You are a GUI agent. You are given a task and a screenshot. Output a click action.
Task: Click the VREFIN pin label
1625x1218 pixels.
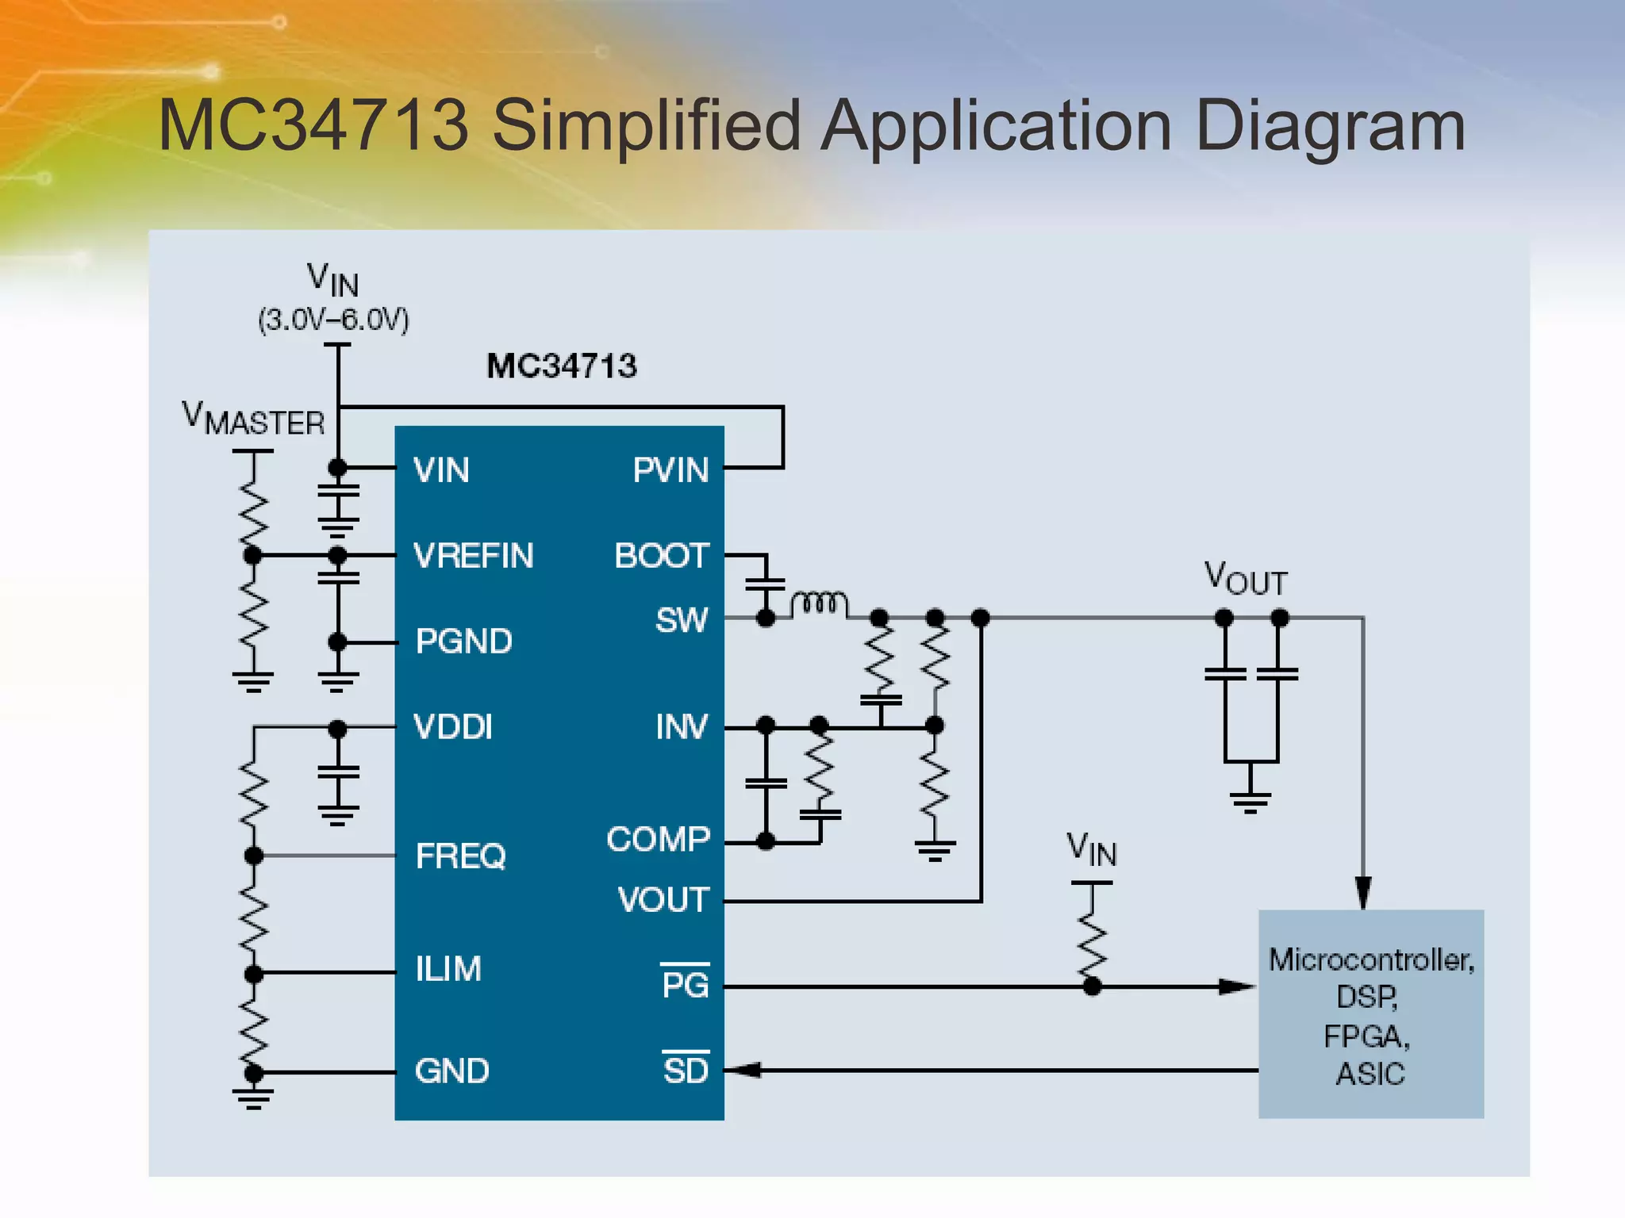coord(474,556)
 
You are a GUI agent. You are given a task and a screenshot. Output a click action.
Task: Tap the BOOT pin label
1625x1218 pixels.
coord(662,556)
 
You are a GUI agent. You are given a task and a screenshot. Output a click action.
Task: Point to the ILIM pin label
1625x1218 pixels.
coord(448,969)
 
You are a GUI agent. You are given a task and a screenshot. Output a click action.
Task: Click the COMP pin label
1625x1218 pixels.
coord(659,839)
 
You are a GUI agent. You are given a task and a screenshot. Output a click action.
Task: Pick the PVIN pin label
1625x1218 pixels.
coord(670,470)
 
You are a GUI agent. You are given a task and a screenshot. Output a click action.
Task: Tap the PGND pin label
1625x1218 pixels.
coord(464,642)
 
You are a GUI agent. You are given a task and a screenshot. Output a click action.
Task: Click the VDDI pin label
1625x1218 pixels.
coord(453,727)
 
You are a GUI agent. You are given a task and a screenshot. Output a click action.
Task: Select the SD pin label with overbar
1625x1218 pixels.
coord(686,1070)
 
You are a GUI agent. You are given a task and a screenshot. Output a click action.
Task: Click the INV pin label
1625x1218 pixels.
coord(682,727)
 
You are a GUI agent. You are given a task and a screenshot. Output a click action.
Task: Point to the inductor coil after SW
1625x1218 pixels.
coord(819,604)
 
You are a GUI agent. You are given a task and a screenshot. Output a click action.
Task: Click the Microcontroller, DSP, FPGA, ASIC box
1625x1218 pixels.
coord(1370,1014)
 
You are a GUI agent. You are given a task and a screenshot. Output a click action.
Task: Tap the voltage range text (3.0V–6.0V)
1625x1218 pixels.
coord(333,320)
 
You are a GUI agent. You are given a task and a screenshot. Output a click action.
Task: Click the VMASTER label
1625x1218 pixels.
coord(253,419)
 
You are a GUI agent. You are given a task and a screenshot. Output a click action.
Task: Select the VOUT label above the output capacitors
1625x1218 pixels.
coord(1245,579)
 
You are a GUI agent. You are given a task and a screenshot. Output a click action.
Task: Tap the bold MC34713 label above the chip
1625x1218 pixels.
coord(561,366)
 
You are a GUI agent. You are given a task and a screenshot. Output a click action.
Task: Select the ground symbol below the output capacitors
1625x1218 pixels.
coord(1250,801)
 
